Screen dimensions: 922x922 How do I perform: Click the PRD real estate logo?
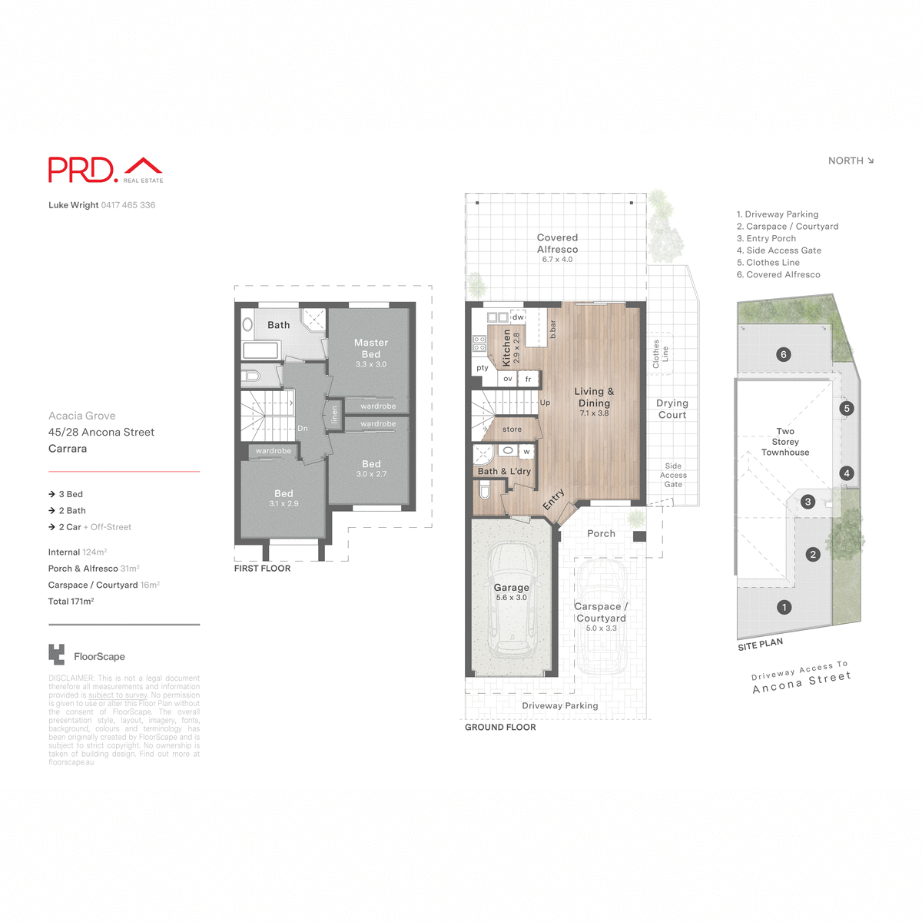pos(105,170)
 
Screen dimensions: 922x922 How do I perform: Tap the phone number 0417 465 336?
pos(128,205)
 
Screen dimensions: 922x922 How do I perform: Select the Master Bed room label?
pos(371,348)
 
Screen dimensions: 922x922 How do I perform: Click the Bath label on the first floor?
pos(278,325)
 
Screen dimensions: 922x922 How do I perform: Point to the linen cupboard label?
pos(334,415)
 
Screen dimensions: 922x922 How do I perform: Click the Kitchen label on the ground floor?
pos(506,347)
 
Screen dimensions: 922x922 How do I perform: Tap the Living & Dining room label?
pos(594,397)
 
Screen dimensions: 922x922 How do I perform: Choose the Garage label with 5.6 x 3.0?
pos(511,588)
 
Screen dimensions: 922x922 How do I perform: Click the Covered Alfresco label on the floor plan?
pos(557,244)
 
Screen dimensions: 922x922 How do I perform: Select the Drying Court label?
pos(672,409)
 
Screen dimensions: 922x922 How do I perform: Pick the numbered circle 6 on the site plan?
pos(783,354)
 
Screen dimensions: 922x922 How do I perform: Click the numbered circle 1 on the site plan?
pos(784,607)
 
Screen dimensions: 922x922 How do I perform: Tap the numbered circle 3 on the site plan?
pos(808,502)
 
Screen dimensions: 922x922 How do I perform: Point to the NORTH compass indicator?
pos(851,161)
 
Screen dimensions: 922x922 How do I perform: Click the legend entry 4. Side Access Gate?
pos(778,250)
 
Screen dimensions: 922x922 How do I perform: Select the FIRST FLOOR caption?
pos(262,569)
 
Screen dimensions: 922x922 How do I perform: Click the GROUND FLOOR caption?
pos(500,727)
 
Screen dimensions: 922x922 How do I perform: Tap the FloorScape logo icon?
pos(56,655)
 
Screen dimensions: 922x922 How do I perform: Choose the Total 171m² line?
pos(71,602)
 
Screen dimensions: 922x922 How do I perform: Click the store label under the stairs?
pos(512,429)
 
